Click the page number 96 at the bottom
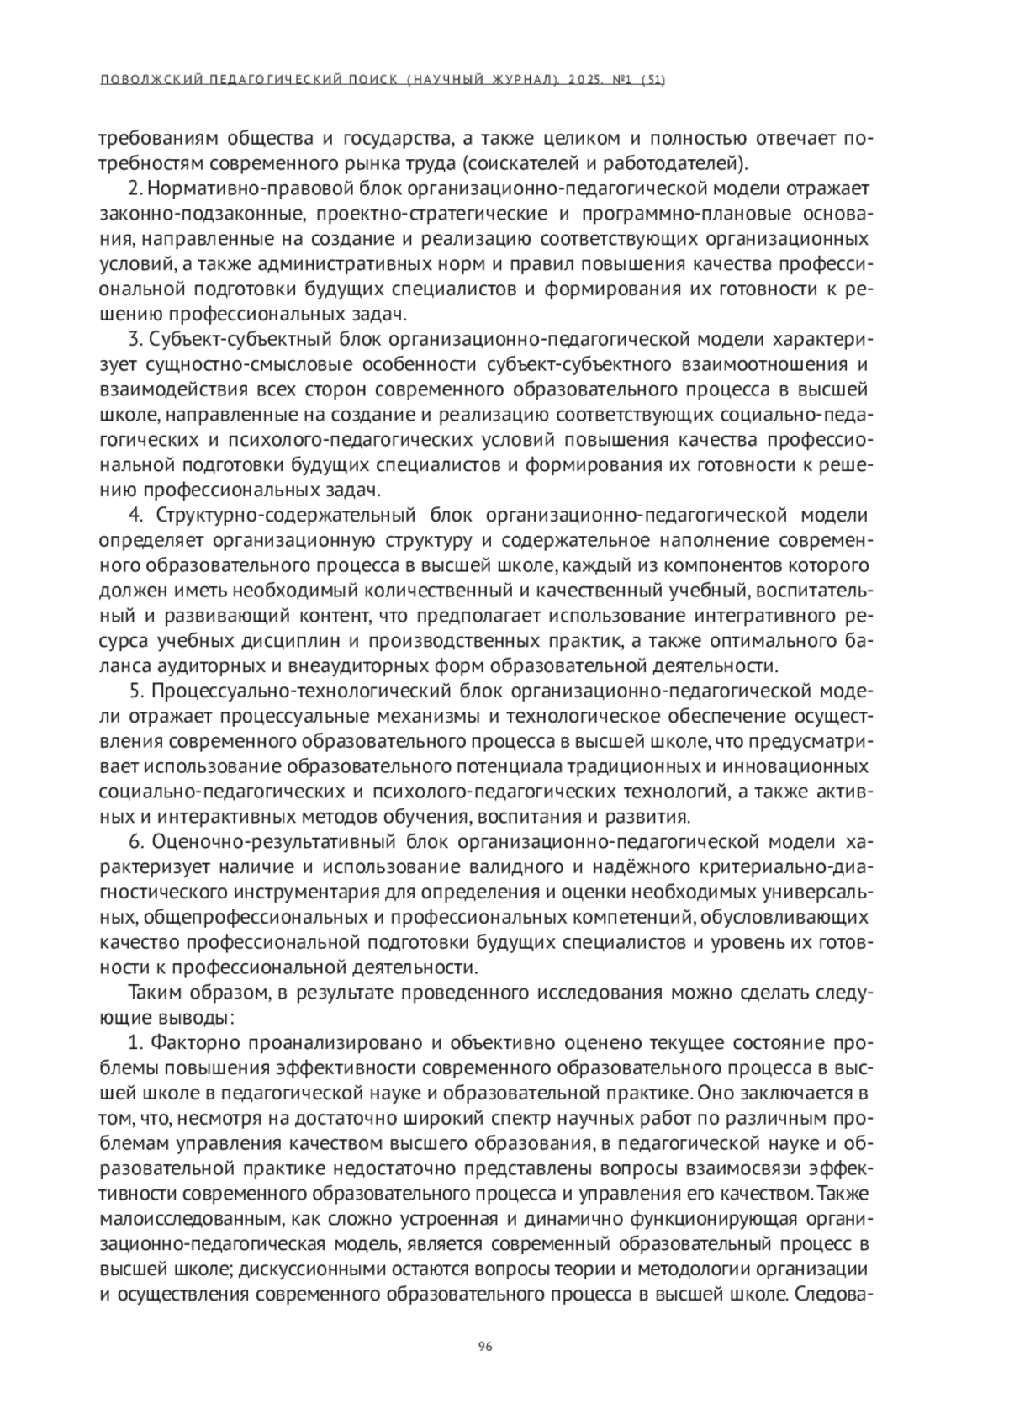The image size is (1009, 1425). (485, 1346)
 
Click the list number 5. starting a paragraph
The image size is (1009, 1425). (138, 691)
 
